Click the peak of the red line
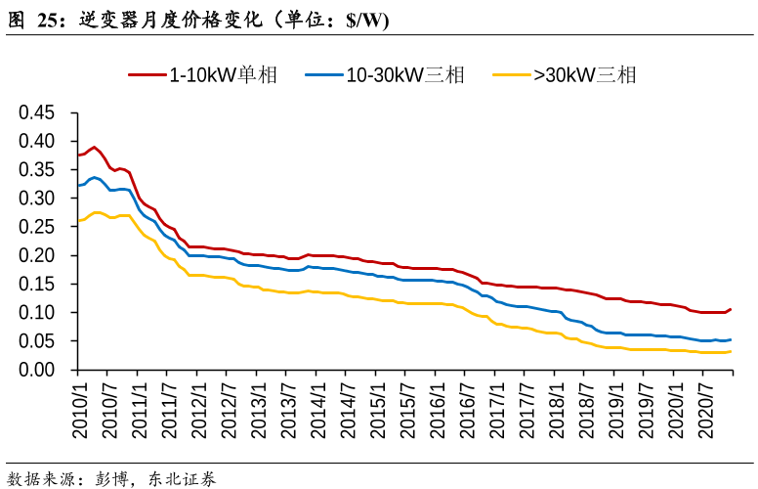tap(95, 147)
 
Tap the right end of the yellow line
tap(731, 351)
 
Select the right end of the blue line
tap(731, 339)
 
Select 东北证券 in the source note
tap(183, 479)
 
